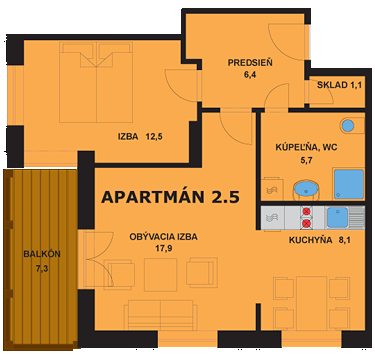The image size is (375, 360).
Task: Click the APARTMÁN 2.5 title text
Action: (x=171, y=196)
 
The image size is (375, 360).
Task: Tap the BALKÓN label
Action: (x=42, y=254)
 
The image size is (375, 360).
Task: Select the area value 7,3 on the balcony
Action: (x=42, y=269)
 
